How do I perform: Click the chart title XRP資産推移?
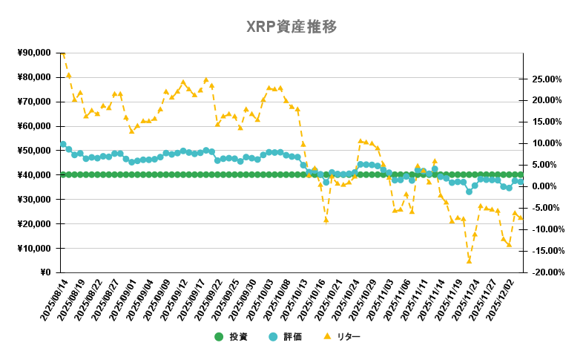point(291,27)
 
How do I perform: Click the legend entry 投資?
point(231,336)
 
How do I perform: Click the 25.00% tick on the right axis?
point(547,79)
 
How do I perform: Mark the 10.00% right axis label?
point(547,143)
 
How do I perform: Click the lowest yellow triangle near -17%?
point(469,261)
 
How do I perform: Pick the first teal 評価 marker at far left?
point(63,145)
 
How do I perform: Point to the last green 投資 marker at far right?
point(521,174)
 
